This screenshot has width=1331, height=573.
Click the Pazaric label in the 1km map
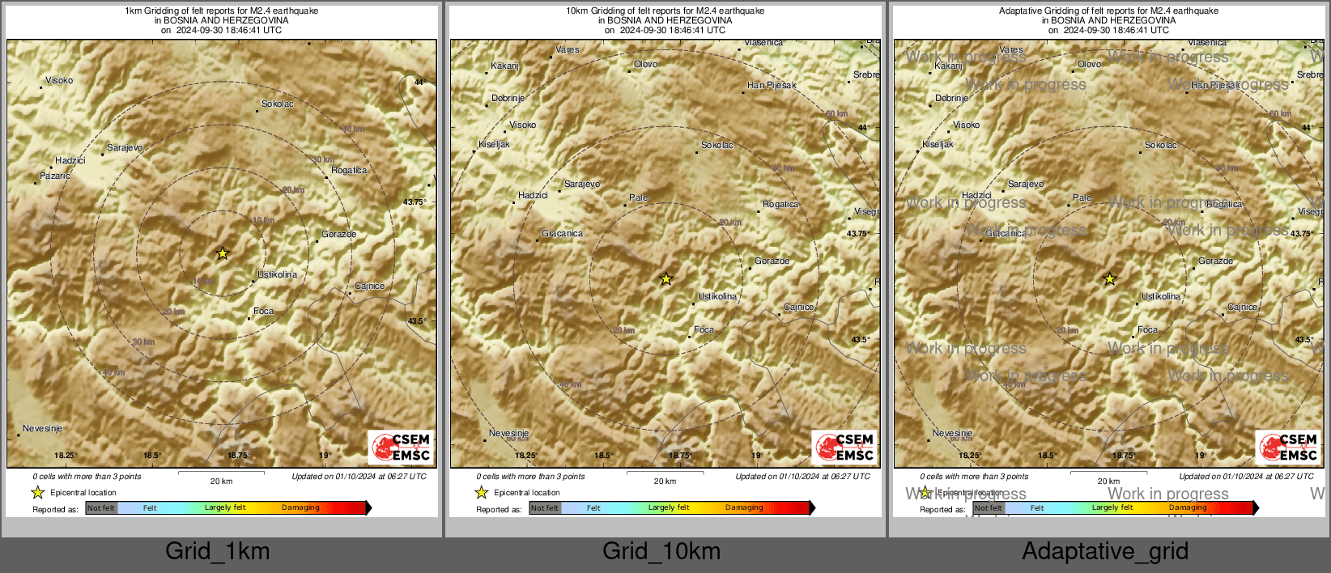pos(55,176)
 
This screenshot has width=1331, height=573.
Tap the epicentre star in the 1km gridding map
pos(223,253)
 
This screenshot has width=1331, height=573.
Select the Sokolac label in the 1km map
pos(278,104)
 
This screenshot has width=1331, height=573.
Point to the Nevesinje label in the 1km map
pos(42,428)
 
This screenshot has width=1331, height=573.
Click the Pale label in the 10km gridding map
pos(638,197)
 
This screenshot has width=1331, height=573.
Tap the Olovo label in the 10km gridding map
pos(645,64)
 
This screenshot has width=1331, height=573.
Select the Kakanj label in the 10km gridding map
pos(504,66)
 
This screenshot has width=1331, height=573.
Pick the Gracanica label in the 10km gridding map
pos(562,233)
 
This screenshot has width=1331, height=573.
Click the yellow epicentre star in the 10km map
pos(665,279)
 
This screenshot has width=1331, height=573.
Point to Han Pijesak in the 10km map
pos(771,85)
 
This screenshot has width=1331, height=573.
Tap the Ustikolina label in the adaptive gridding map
pos(1160,296)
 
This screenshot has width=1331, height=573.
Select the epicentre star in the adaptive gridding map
pos(1109,279)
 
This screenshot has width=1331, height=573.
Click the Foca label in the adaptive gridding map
pos(1147,329)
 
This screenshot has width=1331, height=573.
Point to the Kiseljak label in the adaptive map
pos(938,144)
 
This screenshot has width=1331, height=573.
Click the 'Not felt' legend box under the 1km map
pos(101,508)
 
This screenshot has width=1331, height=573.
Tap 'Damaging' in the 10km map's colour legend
pos(744,507)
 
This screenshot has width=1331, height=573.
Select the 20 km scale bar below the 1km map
pos(221,472)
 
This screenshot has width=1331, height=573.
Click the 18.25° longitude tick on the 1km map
pos(66,456)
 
